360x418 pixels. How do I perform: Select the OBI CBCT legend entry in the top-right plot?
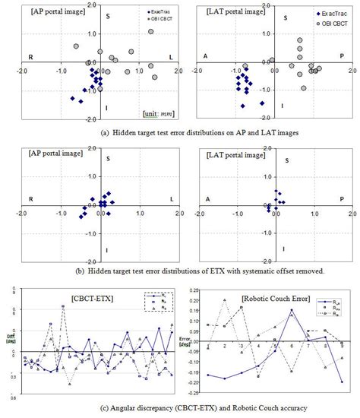click(x=327, y=24)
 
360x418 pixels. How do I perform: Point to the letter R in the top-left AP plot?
click(x=30, y=57)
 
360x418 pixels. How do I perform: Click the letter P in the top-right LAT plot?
click(x=341, y=56)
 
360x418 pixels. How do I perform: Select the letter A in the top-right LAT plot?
click(x=206, y=56)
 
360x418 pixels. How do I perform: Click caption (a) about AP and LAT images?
click(x=180, y=131)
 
